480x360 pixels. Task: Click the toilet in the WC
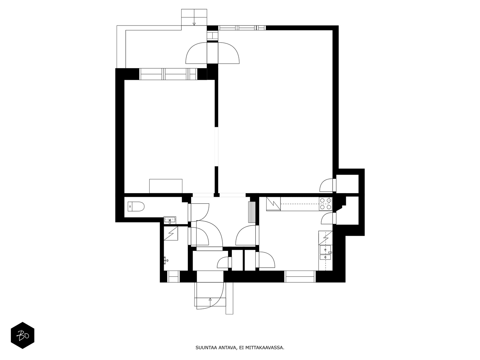click(136, 207)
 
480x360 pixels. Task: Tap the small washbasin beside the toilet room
click(170, 220)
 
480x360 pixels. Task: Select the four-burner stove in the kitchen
click(325, 204)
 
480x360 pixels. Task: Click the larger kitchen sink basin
click(325, 250)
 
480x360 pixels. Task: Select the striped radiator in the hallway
click(252, 212)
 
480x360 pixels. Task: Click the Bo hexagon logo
click(22, 335)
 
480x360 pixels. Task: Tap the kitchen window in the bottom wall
click(300, 277)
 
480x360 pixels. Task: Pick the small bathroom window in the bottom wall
click(173, 277)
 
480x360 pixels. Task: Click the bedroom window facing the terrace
click(168, 74)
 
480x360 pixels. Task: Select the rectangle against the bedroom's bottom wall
click(166, 186)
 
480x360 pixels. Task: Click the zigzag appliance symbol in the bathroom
click(171, 233)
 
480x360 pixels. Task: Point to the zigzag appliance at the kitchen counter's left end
click(273, 204)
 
